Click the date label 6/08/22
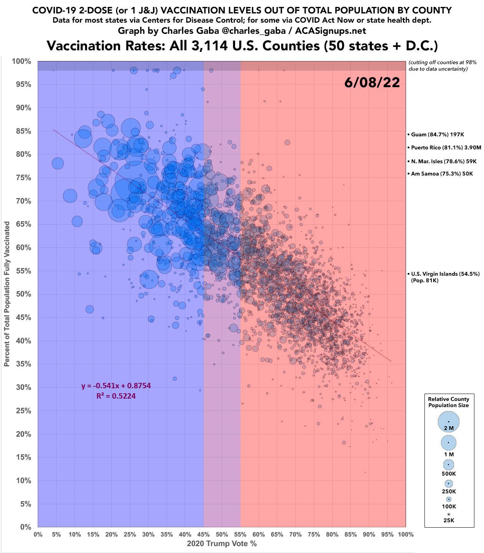coord(372,83)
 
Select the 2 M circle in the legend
coord(448,422)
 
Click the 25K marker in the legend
coord(448,514)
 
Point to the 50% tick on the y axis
coord(23,294)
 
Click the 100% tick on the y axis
coord(22,61)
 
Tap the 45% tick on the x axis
coord(203,534)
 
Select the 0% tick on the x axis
coord(38,534)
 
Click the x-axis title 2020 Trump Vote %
coord(222,544)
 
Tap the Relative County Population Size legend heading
coord(448,402)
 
